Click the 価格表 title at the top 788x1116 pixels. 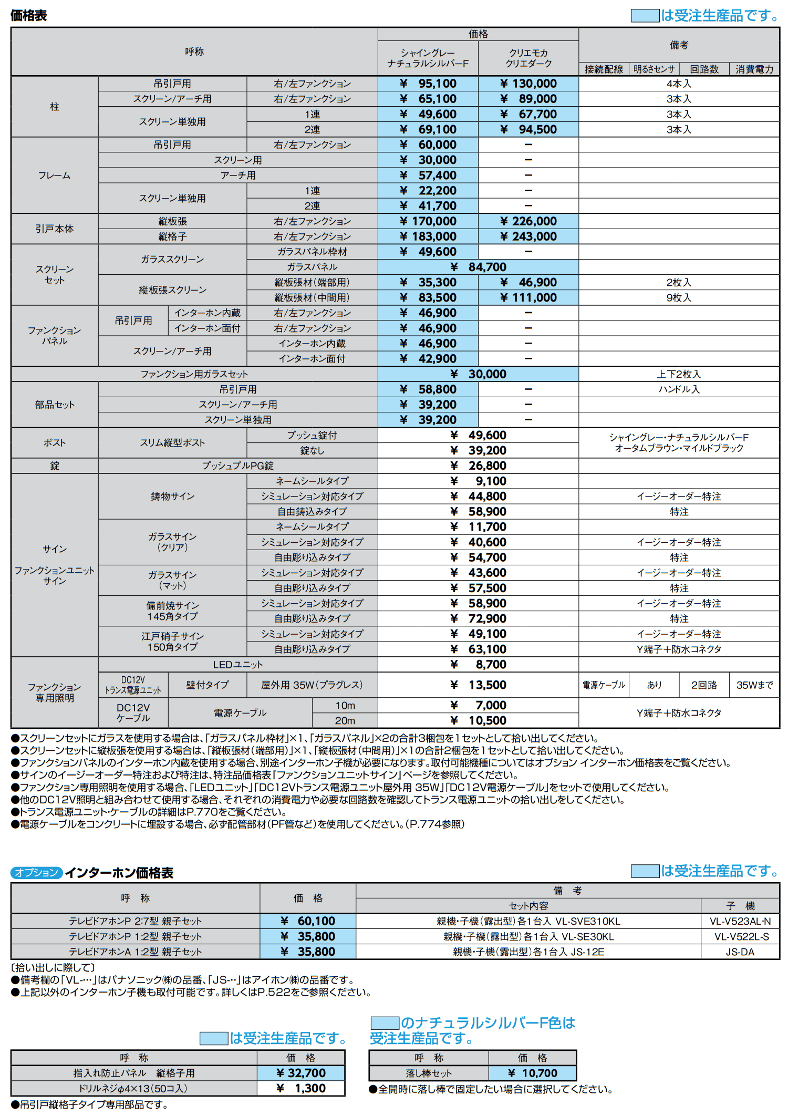29,16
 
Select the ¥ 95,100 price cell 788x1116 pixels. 428,84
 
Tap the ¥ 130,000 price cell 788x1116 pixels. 528,84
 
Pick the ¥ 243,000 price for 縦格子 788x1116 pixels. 528,236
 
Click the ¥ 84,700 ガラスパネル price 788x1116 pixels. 478,267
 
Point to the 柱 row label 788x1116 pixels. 55,107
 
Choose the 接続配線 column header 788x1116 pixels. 604,69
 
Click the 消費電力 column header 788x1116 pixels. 754,69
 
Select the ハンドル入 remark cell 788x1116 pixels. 679,389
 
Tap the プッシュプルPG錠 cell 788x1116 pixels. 238,466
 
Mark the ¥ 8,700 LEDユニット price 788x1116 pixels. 478,665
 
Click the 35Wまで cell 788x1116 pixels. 754,685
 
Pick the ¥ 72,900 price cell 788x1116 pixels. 478,618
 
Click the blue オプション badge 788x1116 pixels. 36,873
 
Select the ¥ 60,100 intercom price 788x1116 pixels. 308,921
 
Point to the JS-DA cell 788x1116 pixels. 740,952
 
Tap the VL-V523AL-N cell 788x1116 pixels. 740,921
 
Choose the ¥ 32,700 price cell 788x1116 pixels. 301,1073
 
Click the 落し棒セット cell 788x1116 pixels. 429,1073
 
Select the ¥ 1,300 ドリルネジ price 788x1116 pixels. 301,1088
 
